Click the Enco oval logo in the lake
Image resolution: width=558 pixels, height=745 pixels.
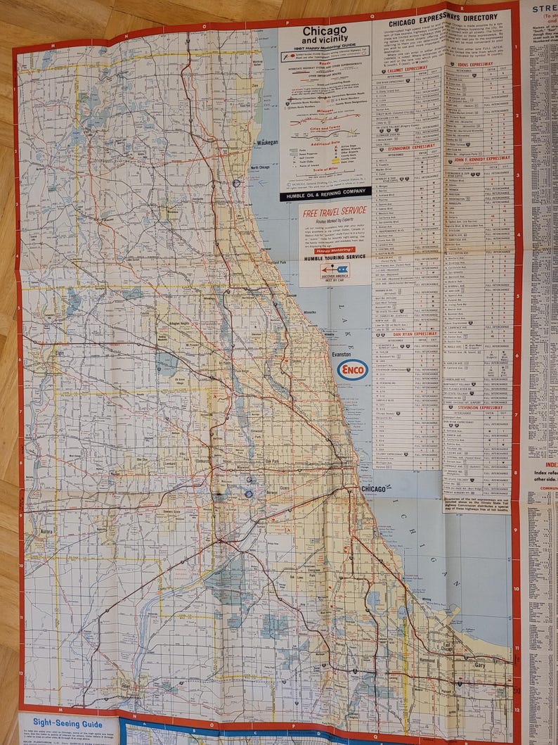click(x=352, y=370)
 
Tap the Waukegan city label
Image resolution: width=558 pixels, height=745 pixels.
click(x=266, y=142)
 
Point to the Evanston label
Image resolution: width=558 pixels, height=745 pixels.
click(x=341, y=355)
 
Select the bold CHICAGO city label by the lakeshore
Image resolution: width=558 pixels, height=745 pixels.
click(x=373, y=489)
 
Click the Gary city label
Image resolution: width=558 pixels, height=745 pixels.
click(x=480, y=664)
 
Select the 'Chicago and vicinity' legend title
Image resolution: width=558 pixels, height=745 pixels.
click(x=325, y=34)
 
